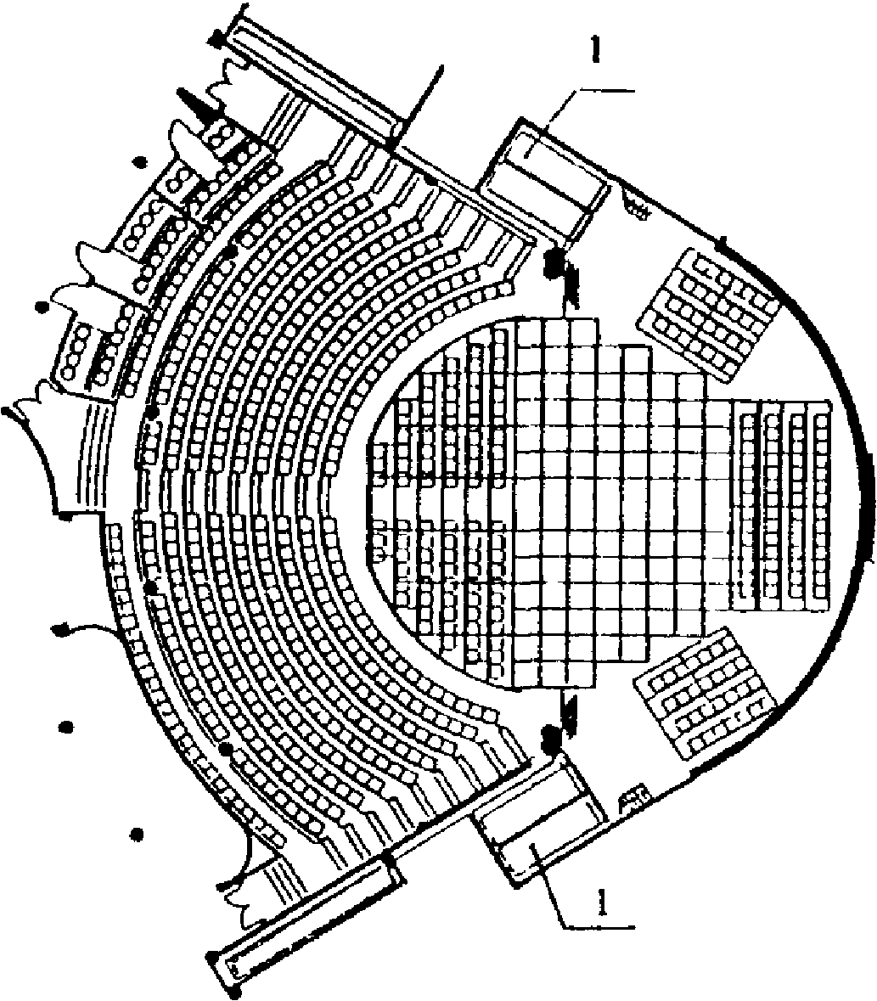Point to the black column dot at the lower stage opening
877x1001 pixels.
coord(549,737)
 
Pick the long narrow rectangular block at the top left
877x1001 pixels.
coord(312,80)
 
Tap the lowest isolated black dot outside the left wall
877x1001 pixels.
coord(137,834)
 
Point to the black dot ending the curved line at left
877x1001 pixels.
coord(61,630)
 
